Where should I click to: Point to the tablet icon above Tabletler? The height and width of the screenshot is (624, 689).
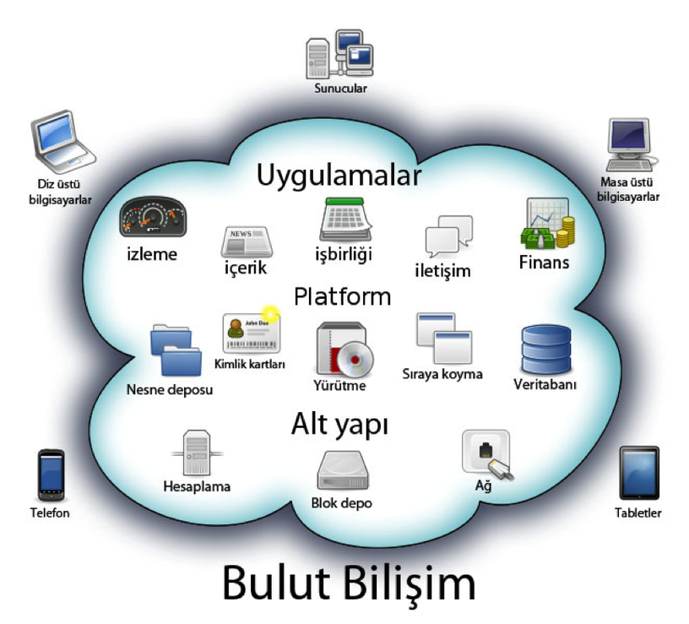click(638, 473)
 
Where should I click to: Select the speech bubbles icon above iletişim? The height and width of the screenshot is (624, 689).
click(448, 236)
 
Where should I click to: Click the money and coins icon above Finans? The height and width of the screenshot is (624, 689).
click(548, 223)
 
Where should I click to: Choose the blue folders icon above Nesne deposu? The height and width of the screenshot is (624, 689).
click(175, 351)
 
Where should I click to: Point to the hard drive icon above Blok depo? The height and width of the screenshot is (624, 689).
click(342, 471)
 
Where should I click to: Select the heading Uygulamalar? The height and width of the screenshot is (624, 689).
click(339, 176)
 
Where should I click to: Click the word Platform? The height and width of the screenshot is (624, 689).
click(342, 296)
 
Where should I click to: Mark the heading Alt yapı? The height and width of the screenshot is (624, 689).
click(339, 425)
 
